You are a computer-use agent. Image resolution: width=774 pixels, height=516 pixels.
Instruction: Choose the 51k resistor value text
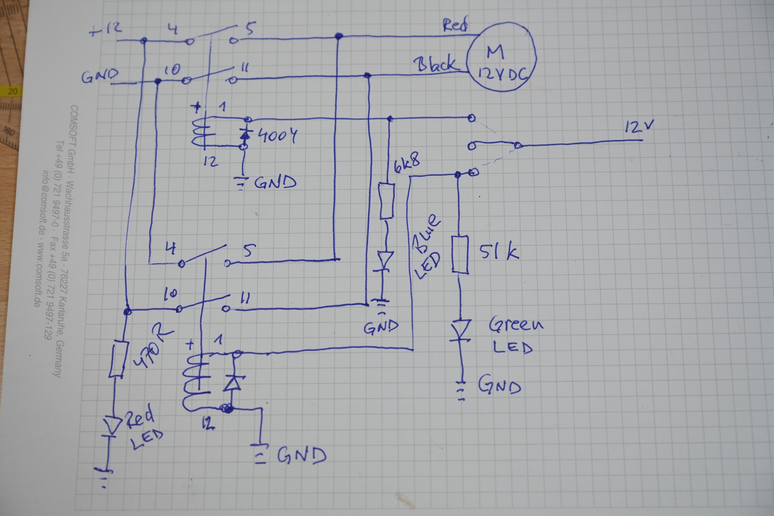tap(499, 252)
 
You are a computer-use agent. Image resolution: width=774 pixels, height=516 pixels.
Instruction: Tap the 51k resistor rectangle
tap(460, 254)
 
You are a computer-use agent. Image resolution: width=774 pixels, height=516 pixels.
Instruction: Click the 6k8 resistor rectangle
tap(387, 201)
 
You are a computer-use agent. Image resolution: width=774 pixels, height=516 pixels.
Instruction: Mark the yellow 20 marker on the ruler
tap(13, 91)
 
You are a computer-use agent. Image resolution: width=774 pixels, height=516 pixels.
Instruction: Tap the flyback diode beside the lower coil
tap(233, 383)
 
